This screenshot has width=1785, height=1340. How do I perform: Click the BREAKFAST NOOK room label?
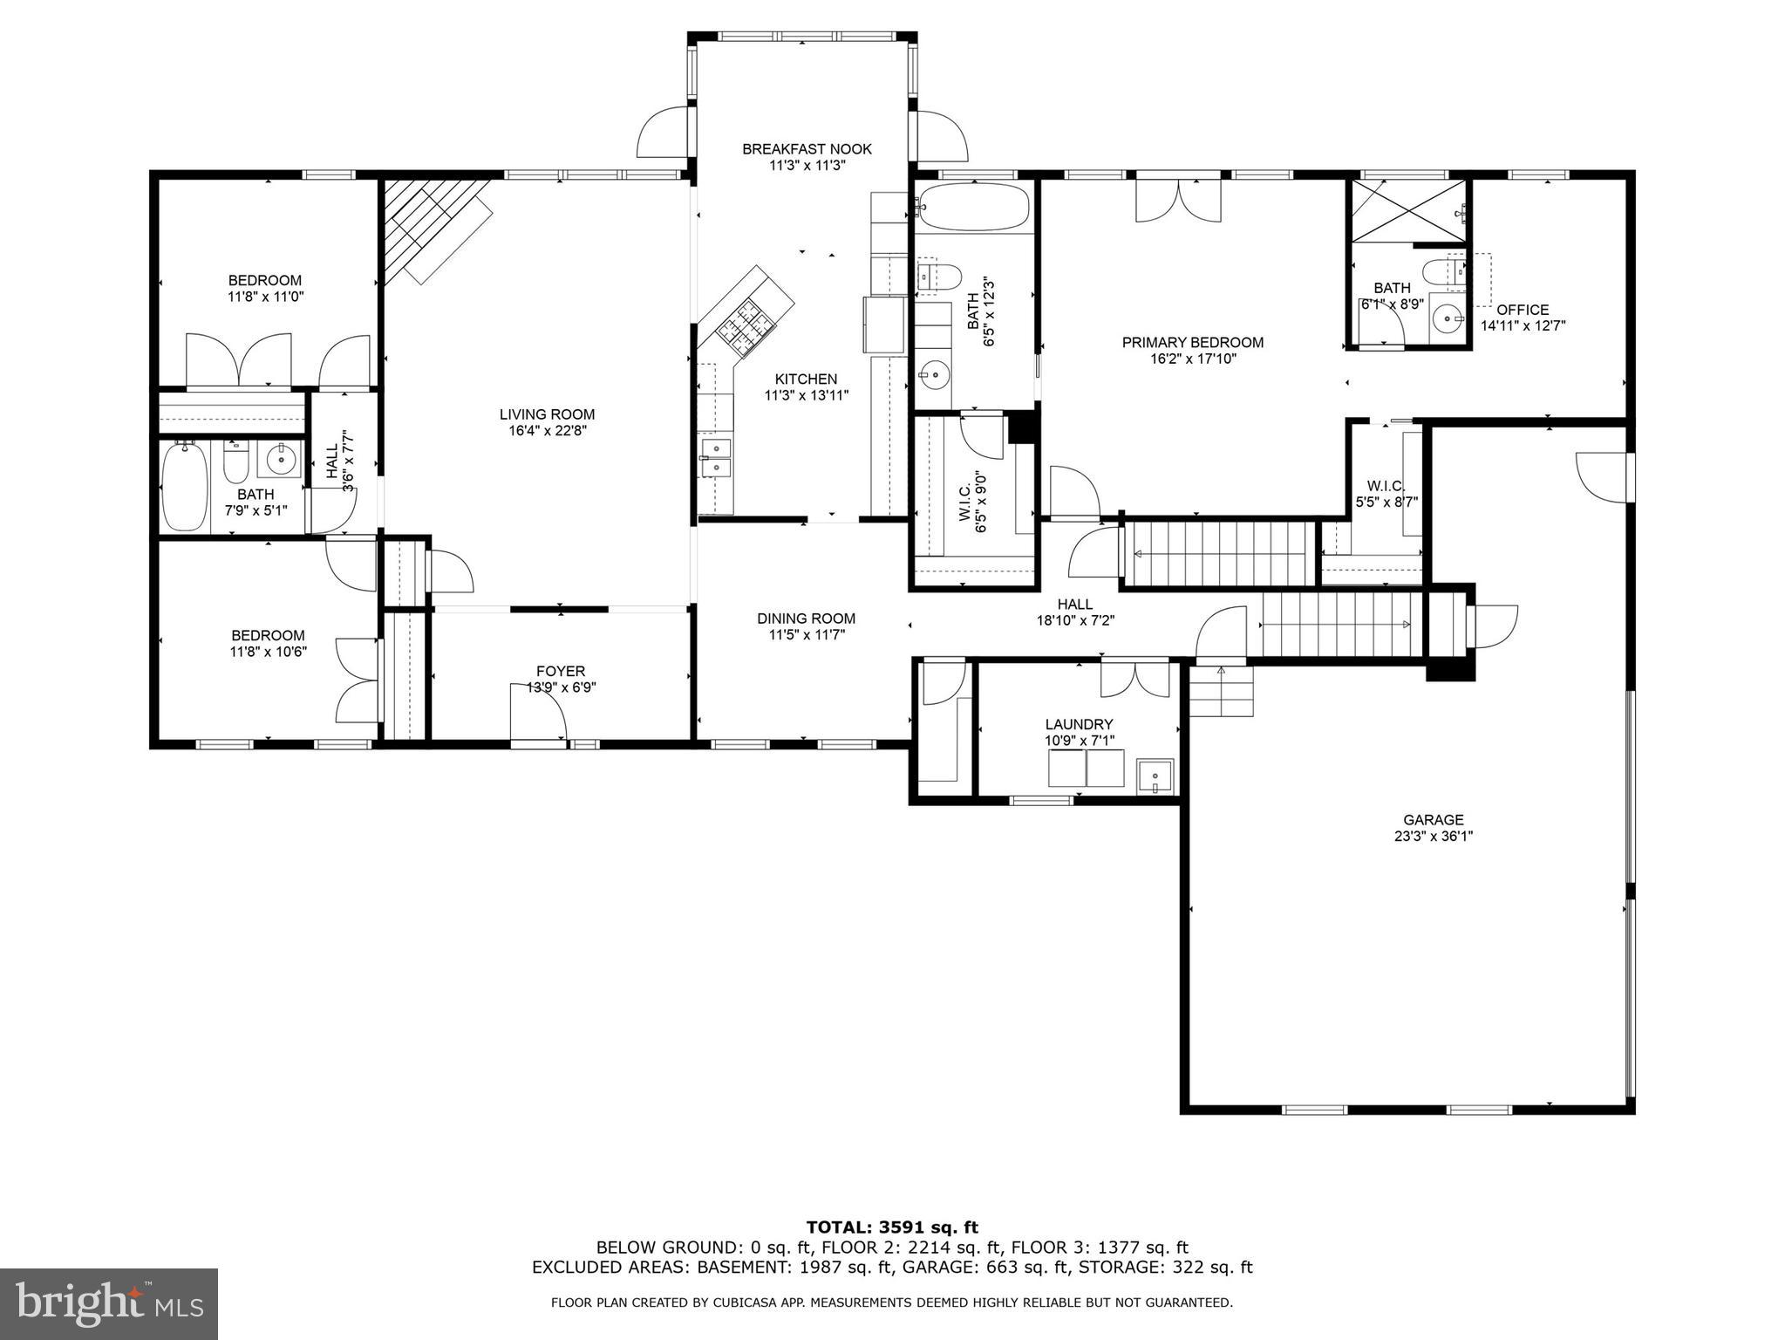tap(807, 149)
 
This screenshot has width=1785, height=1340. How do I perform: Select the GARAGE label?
tap(1433, 820)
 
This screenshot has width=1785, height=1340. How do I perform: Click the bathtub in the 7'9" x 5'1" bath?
tap(184, 487)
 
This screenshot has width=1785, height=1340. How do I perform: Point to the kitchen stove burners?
tap(746, 330)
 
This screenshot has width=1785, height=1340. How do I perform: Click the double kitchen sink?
tap(717, 458)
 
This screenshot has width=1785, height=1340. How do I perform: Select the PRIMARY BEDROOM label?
tap(1192, 343)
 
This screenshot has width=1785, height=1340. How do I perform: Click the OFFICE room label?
tap(1523, 310)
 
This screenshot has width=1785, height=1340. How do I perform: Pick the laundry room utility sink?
tap(1156, 776)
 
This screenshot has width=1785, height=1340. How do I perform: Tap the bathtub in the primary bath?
tap(974, 207)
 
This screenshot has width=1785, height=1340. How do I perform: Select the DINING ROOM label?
tap(806, 619)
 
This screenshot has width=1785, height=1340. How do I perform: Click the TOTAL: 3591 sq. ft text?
tap(892, 1228)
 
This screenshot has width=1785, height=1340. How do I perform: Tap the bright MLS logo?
tap(109, 1304)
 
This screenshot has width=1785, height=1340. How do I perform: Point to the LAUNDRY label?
tap(1079, 724)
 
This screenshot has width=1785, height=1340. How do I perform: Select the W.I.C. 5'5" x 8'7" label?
tap(1386, 494)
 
